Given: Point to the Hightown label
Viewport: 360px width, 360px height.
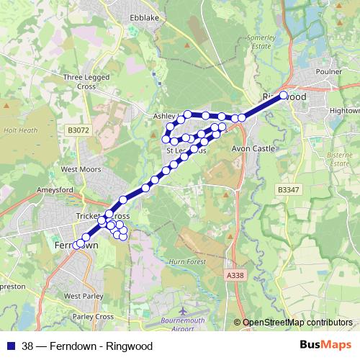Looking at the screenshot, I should point(344,111).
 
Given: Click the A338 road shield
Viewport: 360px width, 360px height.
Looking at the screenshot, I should point(234,275).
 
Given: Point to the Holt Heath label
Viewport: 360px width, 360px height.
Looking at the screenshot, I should point(20,131).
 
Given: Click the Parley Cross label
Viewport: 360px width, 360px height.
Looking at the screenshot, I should point(93,317).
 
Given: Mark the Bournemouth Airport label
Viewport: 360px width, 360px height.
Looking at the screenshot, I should point(183,324).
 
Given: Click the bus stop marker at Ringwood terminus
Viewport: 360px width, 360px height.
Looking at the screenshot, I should point(283,95).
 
